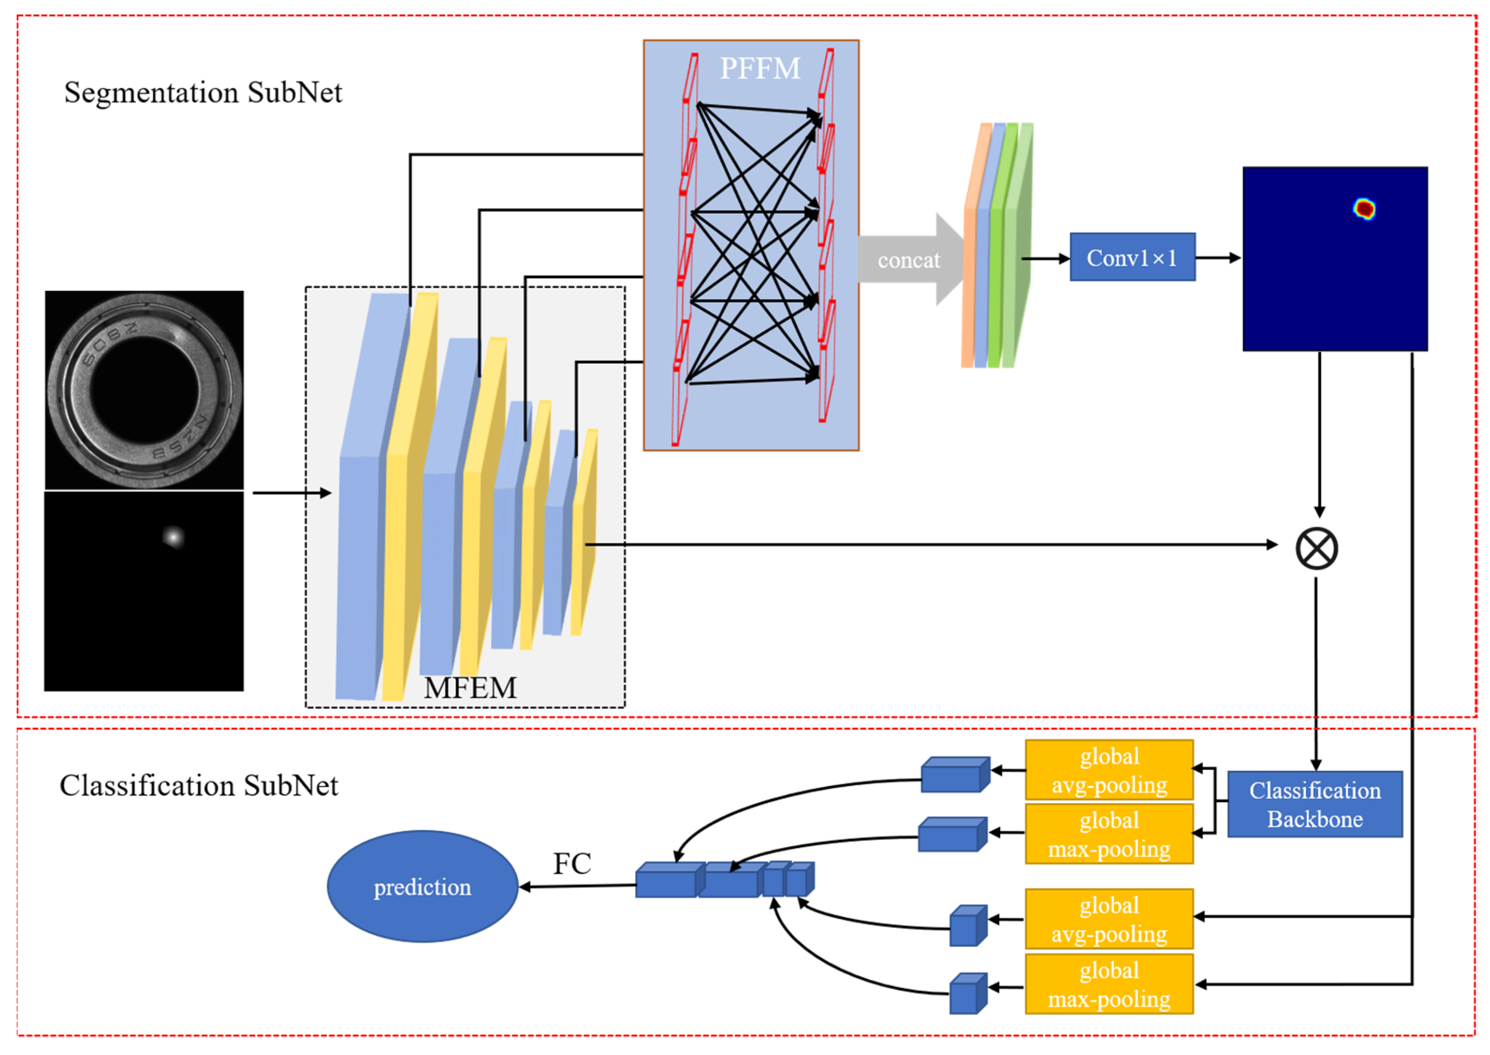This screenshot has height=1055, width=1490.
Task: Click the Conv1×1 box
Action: pos(1132,257)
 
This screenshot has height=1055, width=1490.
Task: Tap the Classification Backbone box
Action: pos(1315,804)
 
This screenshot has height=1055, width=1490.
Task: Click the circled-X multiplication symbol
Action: pos(1317,548)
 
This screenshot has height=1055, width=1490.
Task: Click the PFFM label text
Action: pos(760,68)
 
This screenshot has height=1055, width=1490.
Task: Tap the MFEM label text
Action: pos(470,688)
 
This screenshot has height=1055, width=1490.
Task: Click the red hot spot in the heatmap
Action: pos(1364,208)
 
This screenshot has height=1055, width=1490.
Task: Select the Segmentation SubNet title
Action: pos(203,92)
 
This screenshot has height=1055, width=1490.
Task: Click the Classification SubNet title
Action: pos(199,785)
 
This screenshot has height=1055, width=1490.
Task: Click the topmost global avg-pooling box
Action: pos(1109,770)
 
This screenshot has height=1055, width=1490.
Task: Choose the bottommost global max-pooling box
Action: pos(1109,984)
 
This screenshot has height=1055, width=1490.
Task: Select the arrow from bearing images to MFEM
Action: pos(292,493)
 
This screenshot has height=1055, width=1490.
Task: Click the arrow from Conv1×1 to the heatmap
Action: pos(1218,258)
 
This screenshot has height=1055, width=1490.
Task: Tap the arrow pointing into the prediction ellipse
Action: pos(578,886)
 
